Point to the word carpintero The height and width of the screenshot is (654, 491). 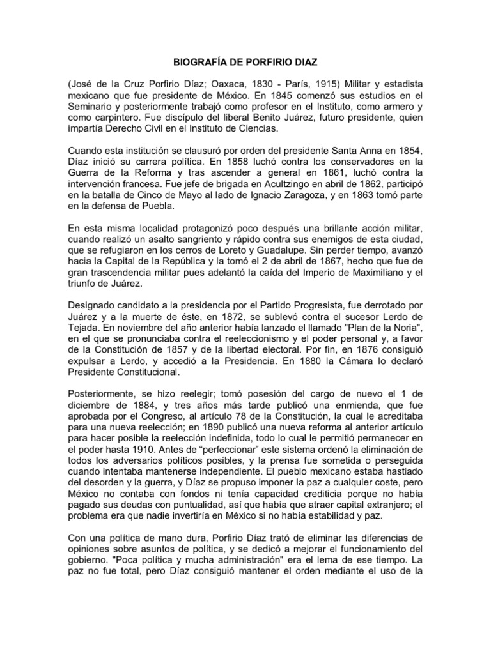[x=123, y=119]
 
